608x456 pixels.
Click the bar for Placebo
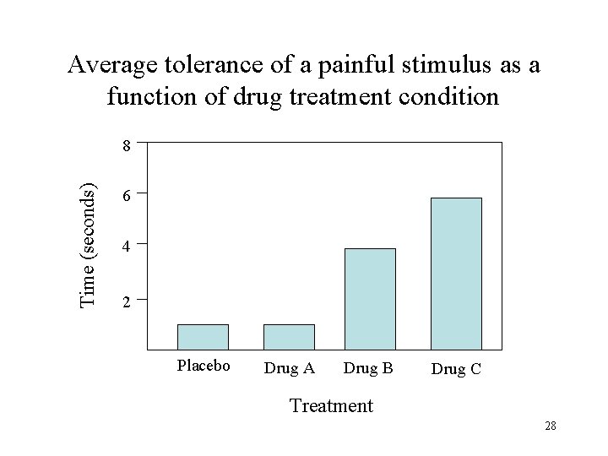click(203, 336)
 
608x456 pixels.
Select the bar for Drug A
click(289, 336)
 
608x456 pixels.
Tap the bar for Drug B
click(370, 298)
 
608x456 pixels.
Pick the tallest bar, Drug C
click(456, 273)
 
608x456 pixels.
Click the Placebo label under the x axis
click(203, 366)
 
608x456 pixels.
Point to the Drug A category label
click(289, 368)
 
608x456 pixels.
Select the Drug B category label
click(368, 368)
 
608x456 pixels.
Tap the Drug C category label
click(456, 369)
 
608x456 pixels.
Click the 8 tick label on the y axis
click(126, 146)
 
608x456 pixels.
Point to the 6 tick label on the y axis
click(126, 196)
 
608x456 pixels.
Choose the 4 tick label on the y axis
click(126, 248)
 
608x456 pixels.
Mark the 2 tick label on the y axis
click(126, 301)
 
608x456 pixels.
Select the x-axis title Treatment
click(330, 406)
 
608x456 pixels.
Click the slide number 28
click(550, 426)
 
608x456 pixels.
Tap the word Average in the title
click(106, 64)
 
